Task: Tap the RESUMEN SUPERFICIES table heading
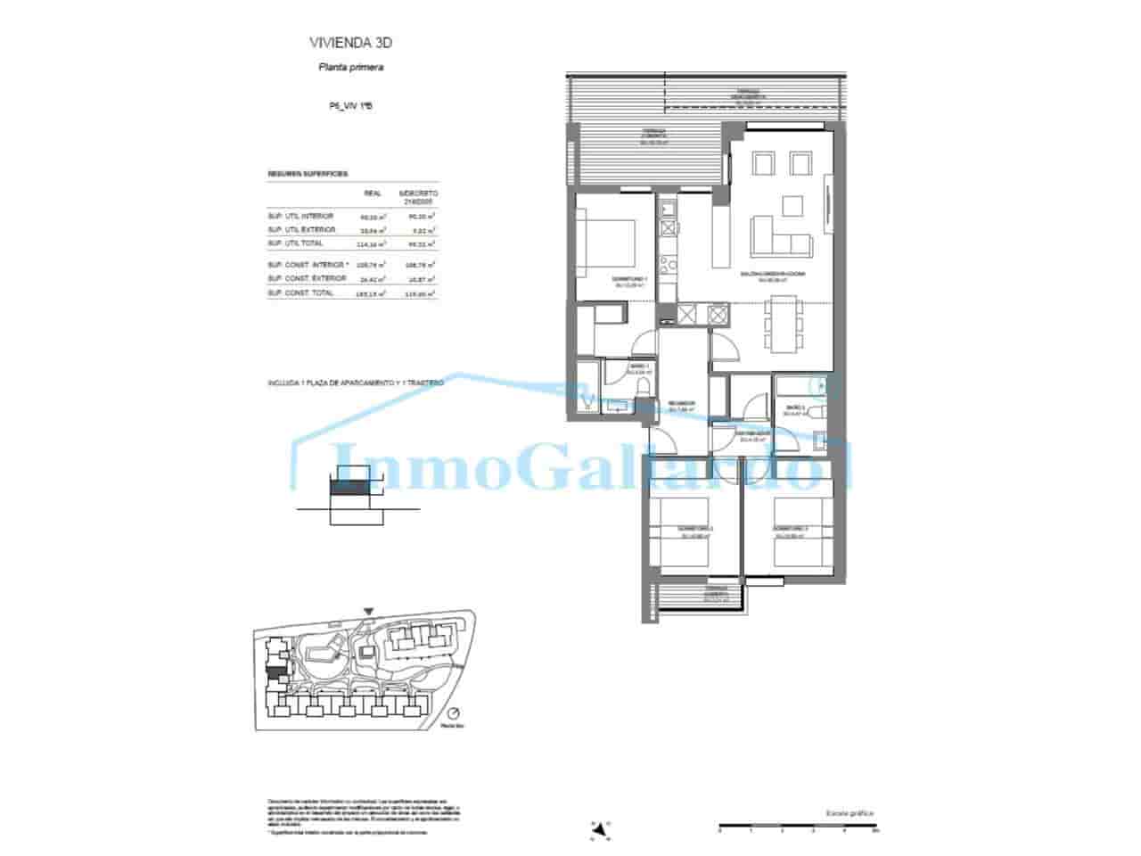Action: pos(308,174)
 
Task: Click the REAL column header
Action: pos(373,193)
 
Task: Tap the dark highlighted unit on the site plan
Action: pos(276,671)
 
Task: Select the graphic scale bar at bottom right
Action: pos(799,827)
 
